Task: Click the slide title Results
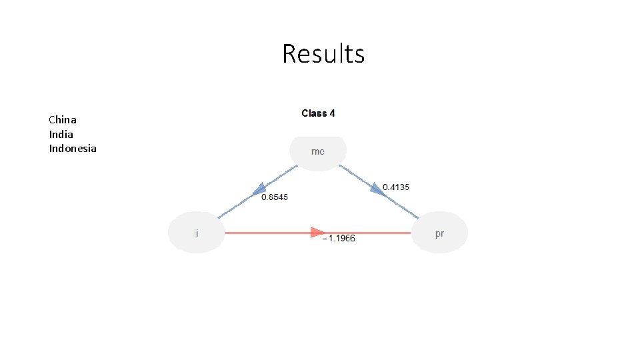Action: click(x=323, y=53)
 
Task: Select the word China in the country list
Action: click(x=63, y=120)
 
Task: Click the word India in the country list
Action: click(x=61, y=134)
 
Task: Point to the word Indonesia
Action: click(x=73, y=148)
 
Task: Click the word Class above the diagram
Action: click(x=313, y=113)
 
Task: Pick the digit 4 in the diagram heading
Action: click(x=332, y=113)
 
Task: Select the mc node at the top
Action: click(x=318, y=152)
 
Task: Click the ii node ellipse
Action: click(x=196, y=233)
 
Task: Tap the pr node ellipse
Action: click(x=439, y=233)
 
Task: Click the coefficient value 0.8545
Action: click(x=275, y=197)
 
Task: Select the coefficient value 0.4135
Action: click(x=396, y=187)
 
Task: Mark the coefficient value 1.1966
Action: click(x=341, y=239)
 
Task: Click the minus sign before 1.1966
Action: click(x=325, y=239)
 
